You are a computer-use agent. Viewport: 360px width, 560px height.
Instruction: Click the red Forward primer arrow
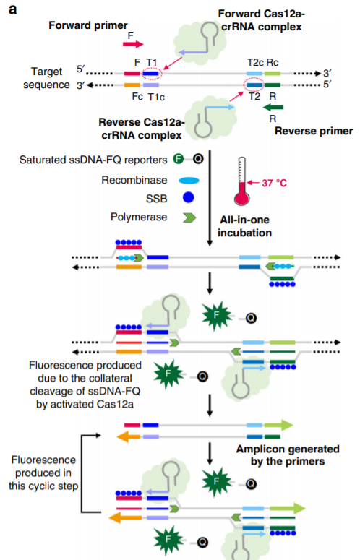(133, 44)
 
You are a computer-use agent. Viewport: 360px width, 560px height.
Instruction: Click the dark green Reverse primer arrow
(273, 107)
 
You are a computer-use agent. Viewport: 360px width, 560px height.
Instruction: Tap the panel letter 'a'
(12, 9)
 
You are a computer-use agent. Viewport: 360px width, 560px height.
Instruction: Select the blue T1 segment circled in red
(150, 74)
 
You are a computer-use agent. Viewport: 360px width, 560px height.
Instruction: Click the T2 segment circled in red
(254, 85)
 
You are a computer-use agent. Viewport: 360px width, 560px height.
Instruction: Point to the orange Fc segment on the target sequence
(132, 85)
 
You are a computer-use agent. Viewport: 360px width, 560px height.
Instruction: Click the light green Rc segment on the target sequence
(273, 74)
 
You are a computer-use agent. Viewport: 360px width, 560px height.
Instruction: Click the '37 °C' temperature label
(274, 184)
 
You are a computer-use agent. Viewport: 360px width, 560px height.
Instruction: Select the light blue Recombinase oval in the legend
(189, 181)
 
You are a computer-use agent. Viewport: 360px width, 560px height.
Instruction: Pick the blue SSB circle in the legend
(188, 197)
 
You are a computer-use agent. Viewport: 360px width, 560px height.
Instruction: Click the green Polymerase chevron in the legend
(189, 217)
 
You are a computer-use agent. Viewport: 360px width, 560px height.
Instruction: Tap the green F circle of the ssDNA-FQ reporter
(179, 158)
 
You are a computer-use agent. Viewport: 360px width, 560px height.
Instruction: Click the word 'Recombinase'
(134, 180)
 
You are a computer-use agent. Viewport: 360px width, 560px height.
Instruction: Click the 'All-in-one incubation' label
(245, 226)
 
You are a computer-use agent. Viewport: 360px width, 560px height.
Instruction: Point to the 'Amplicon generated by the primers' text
(288, 455)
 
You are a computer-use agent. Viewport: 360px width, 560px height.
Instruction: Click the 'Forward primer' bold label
(88, 25)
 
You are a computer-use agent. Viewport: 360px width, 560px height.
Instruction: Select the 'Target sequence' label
(46, 78)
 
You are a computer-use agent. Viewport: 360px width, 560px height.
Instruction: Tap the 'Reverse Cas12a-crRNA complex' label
(142, 129)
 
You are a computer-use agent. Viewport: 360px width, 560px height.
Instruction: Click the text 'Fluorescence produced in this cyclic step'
(43, 473)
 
